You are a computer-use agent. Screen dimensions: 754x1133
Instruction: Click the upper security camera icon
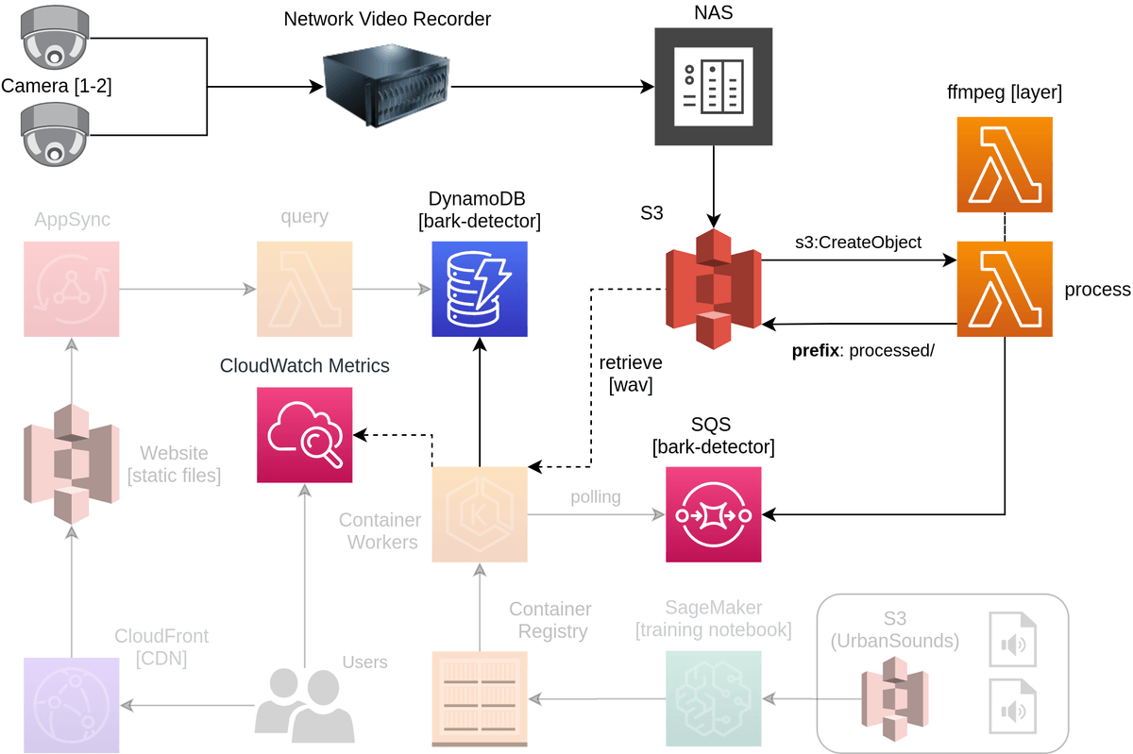coord(55,40)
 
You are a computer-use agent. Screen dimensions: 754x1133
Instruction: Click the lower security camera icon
coord(55,134)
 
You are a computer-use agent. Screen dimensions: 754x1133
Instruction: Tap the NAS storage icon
coord(713,86)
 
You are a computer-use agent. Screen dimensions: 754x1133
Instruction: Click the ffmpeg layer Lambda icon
coord(1005,164)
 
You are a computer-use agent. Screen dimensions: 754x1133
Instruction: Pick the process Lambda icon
coord(1005,289)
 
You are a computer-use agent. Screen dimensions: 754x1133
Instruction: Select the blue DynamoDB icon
coord(480,289)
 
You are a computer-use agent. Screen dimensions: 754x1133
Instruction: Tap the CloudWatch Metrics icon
coord(304,435)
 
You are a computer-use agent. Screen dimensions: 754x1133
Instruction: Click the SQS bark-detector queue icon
coord(713,514)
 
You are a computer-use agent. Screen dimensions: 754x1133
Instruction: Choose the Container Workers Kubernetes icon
coord(480,514)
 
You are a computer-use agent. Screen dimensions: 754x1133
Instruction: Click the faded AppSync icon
coord(72,289)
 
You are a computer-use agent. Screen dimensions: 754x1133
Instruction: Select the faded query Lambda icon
coord(304,289)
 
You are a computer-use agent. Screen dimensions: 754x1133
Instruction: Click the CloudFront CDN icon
coord(72,705)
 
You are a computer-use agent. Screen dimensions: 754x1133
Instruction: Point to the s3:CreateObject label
coord(857,243)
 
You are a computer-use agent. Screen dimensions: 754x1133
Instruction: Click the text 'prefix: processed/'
coord(862,351)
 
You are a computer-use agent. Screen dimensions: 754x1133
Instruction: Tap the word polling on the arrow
coord(596,496)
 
